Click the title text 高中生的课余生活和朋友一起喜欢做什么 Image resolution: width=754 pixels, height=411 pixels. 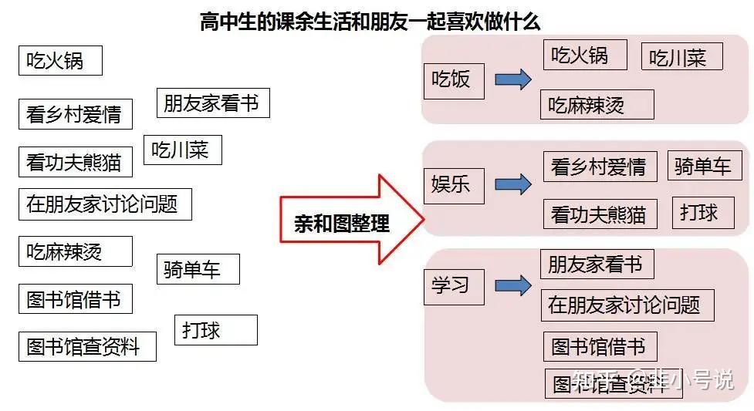370,21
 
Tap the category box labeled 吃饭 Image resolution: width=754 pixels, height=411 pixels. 452,80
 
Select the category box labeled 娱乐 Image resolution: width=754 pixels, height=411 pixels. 452,186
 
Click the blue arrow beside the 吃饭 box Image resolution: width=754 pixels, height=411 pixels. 512,79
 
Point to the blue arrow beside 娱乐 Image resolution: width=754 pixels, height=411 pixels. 512,184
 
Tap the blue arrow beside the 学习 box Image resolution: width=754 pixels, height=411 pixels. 512,286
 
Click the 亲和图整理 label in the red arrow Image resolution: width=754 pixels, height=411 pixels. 342,224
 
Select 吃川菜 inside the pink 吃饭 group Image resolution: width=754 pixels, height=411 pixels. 682,58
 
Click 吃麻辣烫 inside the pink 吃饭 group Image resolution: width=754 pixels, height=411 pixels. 597,105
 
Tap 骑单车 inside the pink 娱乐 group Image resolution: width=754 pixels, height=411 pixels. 704,167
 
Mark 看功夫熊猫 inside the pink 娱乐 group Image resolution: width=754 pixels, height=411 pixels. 599,214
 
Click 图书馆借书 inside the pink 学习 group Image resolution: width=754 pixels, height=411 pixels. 599,347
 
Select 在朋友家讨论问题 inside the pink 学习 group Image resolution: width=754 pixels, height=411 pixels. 627,305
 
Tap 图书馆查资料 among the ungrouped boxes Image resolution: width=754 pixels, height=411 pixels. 86,346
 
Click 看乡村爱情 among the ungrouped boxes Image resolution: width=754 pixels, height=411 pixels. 75,114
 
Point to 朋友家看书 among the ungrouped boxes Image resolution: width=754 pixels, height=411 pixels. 212,103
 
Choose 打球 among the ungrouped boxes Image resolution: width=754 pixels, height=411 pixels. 215,330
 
